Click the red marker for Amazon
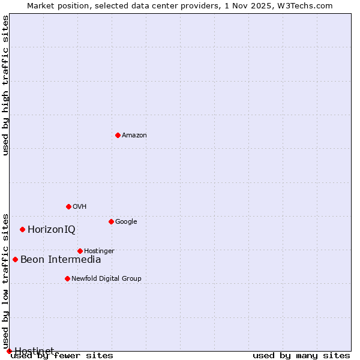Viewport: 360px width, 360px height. click(x=118, y=135)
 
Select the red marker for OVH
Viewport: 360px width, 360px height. click(x=68, y=206)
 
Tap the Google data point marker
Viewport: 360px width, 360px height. click(x=111, y=221)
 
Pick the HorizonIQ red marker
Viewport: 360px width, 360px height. click(x=22, y=229)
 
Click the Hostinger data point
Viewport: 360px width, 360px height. click(x=80, y=251)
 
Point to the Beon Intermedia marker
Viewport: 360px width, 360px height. click(x=15, y=259)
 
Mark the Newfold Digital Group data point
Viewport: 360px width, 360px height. click(x=67, y=278)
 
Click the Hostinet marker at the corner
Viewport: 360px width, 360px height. click(x=9, y=351)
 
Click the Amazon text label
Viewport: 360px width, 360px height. click(x=134, y=135)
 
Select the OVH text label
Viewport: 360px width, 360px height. click(x=80, y=206)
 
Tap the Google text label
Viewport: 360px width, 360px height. click(x=126, y=221)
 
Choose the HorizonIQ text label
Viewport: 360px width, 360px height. click(x=52, y=229)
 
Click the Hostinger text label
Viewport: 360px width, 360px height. click(x=99, y=251)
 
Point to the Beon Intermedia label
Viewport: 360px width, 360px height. click(x=61, y=259)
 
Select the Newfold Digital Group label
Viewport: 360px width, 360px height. click(x=106, y=278)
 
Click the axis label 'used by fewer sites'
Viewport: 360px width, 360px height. click(x=62, y=356)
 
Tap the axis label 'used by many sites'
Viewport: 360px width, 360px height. click(x=301, y=356)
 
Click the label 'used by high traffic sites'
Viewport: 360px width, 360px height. click(x=5, y=85)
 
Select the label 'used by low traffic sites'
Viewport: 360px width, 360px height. click(x=5, y=281)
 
